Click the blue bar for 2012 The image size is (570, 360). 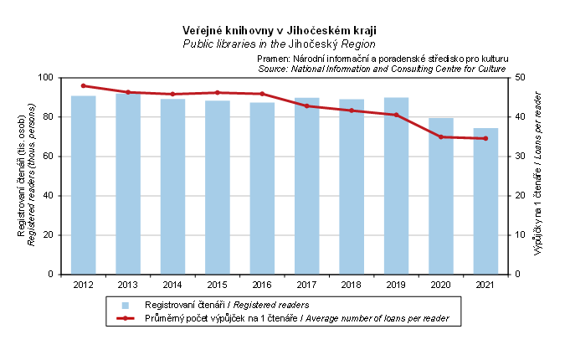(83, 184)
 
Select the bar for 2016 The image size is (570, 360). (262, 188)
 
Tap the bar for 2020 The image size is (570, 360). (441, 196)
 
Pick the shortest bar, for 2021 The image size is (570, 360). (485, 201)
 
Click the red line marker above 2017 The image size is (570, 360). (306, 105)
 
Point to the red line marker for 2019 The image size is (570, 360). (396, 115)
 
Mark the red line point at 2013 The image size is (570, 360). (127, 92)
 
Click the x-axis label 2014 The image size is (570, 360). (172, 285)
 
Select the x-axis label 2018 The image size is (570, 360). (352, 285)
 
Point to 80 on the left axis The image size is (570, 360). (49, 117)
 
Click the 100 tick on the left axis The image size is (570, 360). (46, 78)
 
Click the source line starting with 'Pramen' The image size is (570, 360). (383, 59)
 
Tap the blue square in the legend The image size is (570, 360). (125, 305)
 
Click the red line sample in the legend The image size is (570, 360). (125, 318)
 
